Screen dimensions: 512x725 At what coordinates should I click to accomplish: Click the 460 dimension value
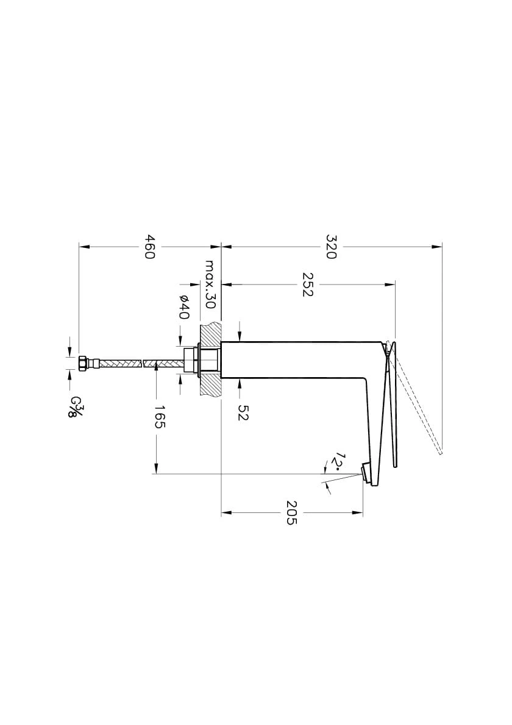149,247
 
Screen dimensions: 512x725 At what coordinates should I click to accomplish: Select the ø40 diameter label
185,307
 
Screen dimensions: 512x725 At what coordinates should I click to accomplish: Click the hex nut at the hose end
84,363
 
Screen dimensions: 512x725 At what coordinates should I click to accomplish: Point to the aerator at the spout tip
366,473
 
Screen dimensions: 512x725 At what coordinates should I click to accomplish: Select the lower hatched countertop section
210,384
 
